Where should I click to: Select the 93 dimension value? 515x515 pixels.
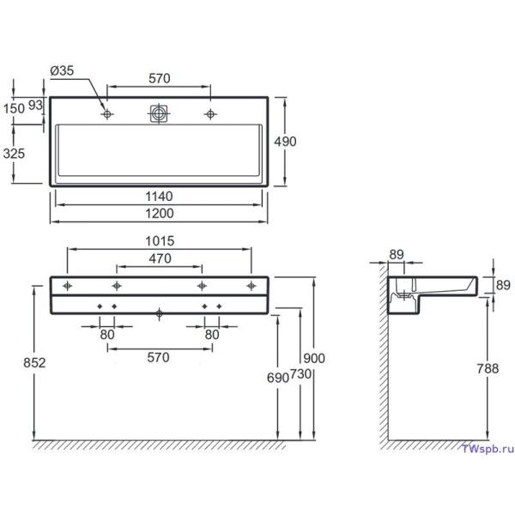point(35,106)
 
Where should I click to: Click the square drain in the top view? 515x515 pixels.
point(158,113)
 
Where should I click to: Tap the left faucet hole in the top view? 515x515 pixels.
point(106,114)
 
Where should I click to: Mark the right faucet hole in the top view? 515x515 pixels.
point(209,114)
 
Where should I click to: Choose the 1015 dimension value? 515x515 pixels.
point(159,241)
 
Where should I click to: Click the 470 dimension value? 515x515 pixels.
point(159,258)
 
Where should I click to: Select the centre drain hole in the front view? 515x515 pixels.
point(159,313)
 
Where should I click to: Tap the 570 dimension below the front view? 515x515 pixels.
point(159,355)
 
